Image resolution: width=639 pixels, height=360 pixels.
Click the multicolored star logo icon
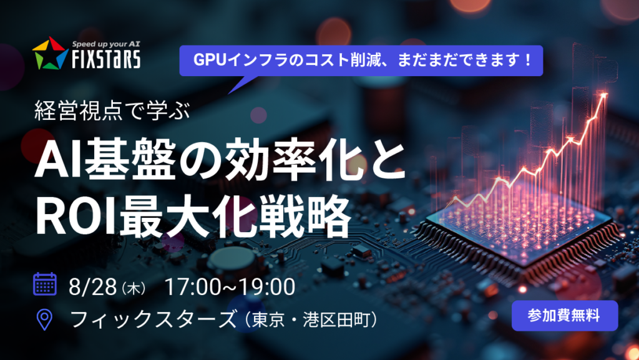click(x=50, y=54)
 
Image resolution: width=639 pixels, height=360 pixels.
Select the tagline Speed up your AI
click(x=106, y=44)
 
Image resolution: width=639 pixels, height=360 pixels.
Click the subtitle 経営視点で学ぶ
click(x=112, y=110)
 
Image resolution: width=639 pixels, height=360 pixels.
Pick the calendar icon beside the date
click(x=45, y=284)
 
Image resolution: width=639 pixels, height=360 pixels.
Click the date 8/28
click(x=92, y=287)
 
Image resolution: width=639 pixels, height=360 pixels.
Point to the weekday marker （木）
click(x=134, y=288)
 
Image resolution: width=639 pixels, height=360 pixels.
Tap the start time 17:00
click(x=192, y=287)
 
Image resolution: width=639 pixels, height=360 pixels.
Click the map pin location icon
click(x=44, y=319)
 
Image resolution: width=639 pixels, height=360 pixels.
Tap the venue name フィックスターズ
click(x=154, y=319)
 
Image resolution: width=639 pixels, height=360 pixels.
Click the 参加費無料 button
click(x=564, y=316)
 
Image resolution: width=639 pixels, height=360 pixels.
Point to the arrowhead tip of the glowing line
click(x=606, y=94)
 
